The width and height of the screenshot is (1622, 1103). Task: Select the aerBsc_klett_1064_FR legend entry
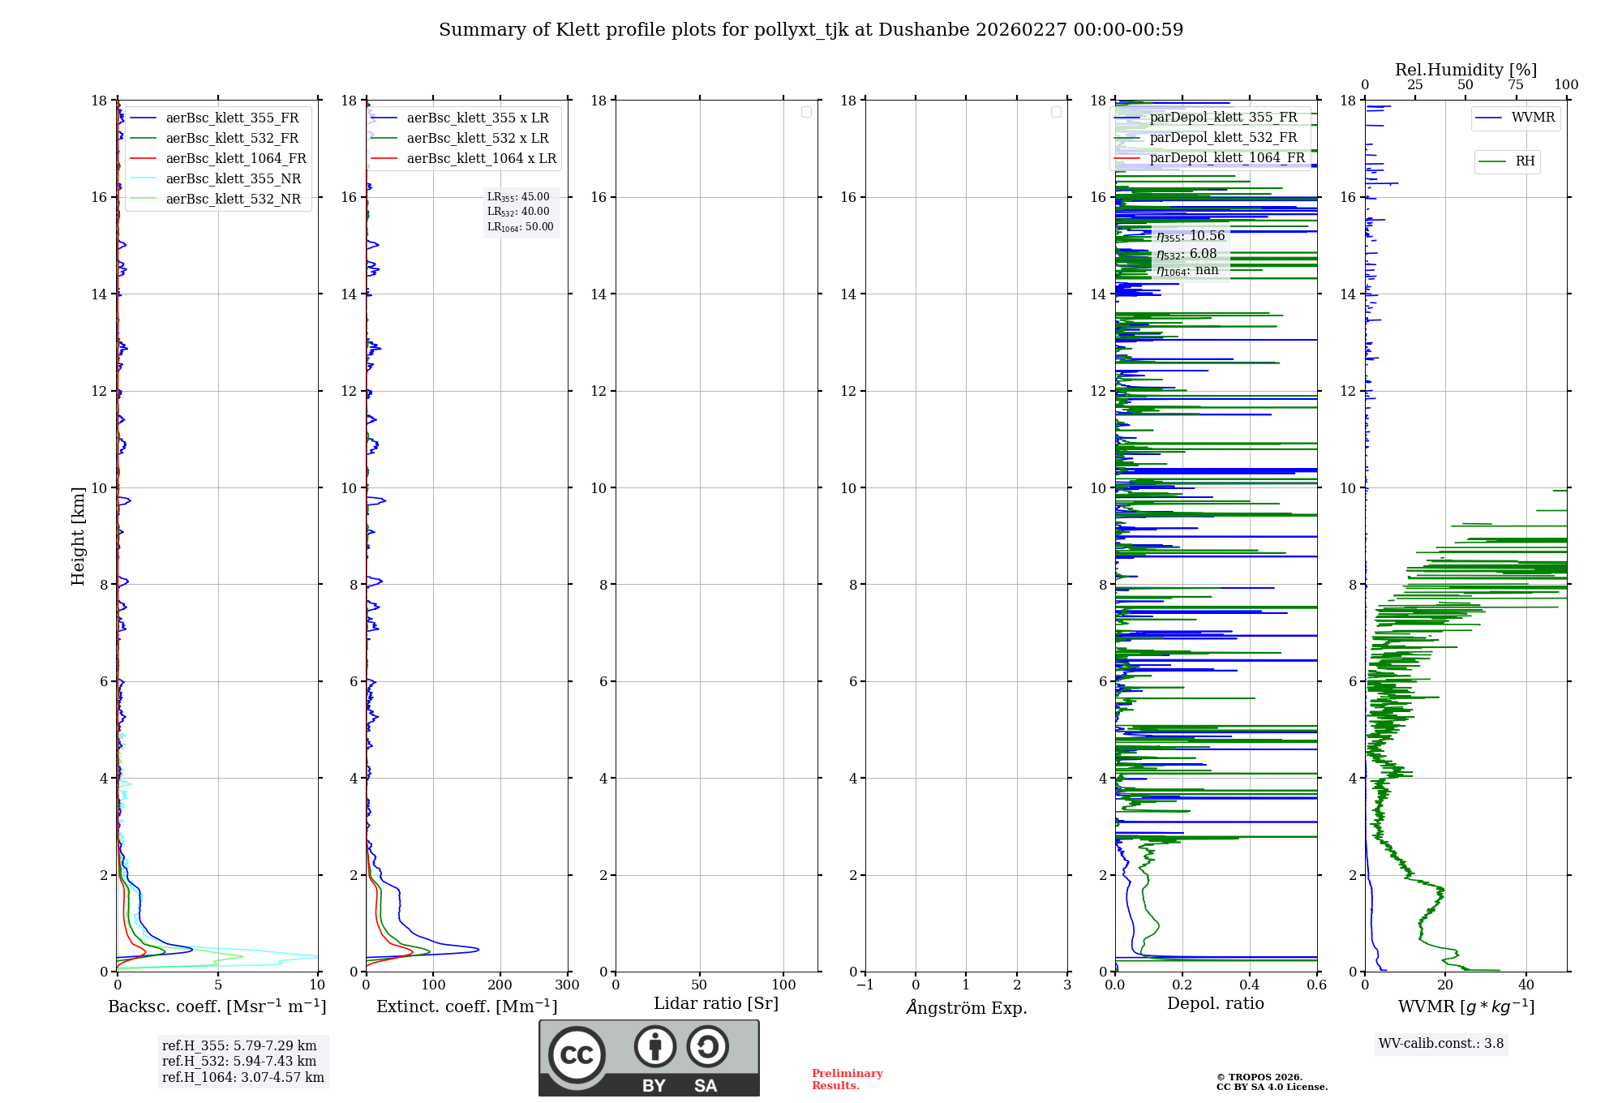pos(235,159)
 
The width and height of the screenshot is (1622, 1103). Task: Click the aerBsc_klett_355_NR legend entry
pos(233,179)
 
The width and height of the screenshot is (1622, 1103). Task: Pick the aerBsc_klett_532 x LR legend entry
pos(477,139)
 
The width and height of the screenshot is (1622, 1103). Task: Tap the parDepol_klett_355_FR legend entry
pos(1223,118)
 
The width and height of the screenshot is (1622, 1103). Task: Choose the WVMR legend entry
pos(1533,118)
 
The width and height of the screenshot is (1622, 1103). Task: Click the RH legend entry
pos(1525,161)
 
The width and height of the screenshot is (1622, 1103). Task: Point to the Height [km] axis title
pos(78,536)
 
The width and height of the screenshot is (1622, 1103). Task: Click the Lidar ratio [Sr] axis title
pos(716,1004)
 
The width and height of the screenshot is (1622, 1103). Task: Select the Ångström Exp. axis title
pos(966,1008)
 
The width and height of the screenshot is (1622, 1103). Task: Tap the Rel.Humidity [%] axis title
pos(1465,70)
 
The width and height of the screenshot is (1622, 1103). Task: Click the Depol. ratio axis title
pos(1215,1004)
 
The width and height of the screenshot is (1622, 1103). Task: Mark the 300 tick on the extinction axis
pos(567,985)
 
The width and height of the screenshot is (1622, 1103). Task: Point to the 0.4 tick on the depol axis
pos(1249,985)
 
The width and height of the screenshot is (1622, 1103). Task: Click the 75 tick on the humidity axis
pos(1515,85)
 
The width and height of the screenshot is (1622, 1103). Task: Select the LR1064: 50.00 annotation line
pos(520,227)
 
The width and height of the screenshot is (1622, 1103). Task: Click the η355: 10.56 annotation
pos(1191,236)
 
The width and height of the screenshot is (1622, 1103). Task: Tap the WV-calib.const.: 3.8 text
pos(1441,1044)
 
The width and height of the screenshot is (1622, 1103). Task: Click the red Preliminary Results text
pos(847,1079)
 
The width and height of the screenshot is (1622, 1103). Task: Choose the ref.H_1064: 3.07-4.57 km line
pos(242,1078)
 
